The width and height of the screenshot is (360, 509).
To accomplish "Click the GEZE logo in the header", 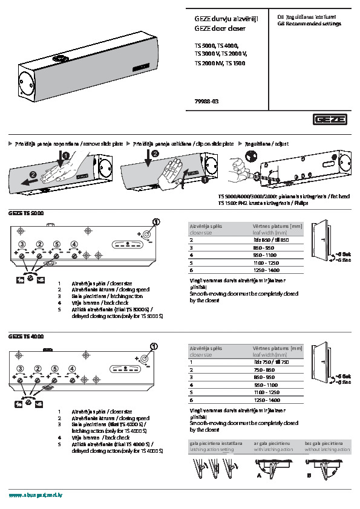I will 330,120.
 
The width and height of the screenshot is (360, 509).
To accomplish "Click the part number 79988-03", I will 206,101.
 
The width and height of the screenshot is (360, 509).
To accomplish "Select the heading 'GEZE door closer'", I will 218,28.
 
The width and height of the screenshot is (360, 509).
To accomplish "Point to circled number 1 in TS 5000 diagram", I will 155,222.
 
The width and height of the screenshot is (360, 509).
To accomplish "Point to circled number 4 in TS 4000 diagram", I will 73,368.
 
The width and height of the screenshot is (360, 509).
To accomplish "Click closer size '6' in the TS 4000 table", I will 191,400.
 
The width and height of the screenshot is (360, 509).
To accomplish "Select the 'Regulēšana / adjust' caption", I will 264,144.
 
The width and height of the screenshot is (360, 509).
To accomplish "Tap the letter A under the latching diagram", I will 259,475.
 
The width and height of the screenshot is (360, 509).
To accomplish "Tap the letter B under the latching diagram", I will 309,475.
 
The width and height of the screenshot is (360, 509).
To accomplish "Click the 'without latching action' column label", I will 327,450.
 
